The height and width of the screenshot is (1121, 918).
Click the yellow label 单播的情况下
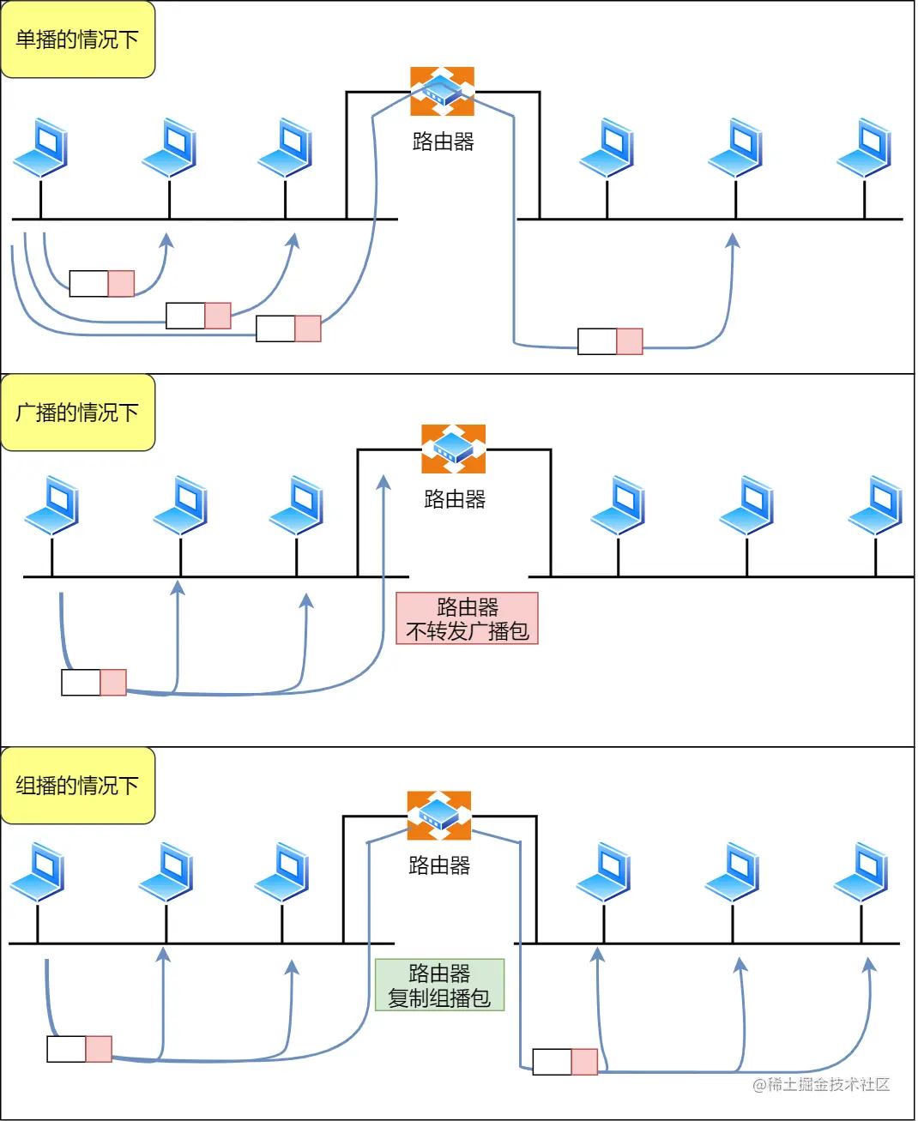coord(77,39)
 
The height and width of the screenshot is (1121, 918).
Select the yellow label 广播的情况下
coord(77,413)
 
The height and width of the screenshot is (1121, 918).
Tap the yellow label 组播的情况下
coord(77,786)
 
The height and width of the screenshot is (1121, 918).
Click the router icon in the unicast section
coord(442,91)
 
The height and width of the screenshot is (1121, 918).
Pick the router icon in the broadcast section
coord(453,449)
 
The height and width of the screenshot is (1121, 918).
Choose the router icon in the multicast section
coord(439,816)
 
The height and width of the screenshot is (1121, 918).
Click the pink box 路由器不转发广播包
coord(468,618)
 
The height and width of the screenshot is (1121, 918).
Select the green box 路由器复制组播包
coord(439,985)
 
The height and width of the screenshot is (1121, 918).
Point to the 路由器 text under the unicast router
coord(444,142)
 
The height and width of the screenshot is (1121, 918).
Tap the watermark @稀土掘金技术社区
coord(821,1085)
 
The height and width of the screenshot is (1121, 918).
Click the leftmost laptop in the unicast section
coord(40,148)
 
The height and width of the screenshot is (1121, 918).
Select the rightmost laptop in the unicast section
coord(864,148)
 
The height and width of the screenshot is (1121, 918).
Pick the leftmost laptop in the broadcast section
coord(51,505)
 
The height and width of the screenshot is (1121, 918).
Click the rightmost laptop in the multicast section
coord(861,872)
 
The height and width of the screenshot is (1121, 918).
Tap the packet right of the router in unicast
coord(610,341)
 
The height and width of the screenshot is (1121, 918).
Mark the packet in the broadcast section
coord(94,683)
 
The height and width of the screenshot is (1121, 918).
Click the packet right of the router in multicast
coord(565,1062)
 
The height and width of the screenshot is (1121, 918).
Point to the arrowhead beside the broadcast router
coord(384,483)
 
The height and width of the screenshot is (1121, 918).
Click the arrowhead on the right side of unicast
coord(733,240)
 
